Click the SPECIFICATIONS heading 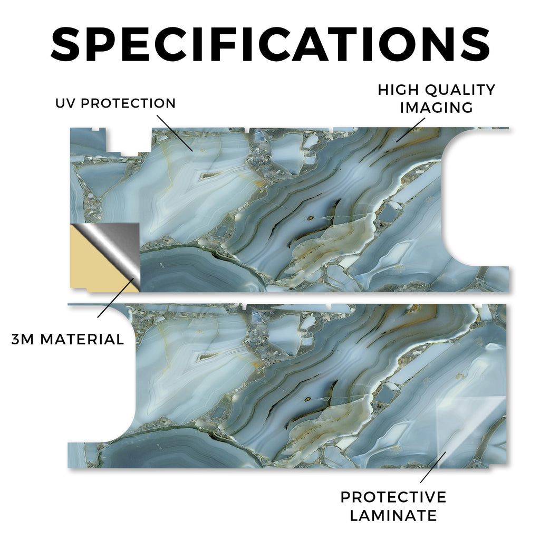coord(271,44)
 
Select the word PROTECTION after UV coord(128,103)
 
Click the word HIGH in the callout coord(399,90)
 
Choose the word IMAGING coord(436,108)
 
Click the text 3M coord(23,339)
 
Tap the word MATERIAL coord(82,339)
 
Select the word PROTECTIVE coord(393,497)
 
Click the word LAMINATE coord(393,516)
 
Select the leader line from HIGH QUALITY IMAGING coord(410,130)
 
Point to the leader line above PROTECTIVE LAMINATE coord(433,467)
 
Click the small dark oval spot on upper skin coord(311,218)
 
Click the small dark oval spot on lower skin coord(307,400)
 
